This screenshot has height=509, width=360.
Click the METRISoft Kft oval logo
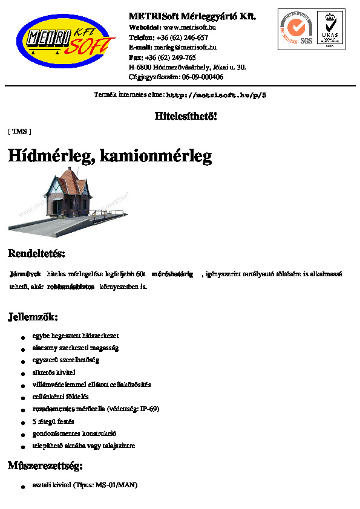[x=65, y=41]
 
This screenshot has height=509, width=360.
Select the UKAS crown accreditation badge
[x=330, y=28]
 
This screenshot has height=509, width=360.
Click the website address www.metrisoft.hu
[x=189, y=27]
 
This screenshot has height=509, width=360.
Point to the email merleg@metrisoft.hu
[x=185, y=47]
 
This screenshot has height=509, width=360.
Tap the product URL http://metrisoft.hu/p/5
[x=216, y=95]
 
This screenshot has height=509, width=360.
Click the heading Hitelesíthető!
[x=186, y=116]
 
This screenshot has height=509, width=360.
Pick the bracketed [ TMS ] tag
[x=19, y=131]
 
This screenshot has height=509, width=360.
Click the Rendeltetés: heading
[x=36, y=253]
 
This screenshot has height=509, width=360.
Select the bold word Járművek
[x=25, y=274]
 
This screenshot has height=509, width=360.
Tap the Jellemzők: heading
[x=33, y=316]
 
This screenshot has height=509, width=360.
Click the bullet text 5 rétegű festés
[x=53, y=421]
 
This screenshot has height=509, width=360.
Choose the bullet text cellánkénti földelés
[x=61, y=397]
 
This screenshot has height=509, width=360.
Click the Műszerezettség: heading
[x=45, y=465]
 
